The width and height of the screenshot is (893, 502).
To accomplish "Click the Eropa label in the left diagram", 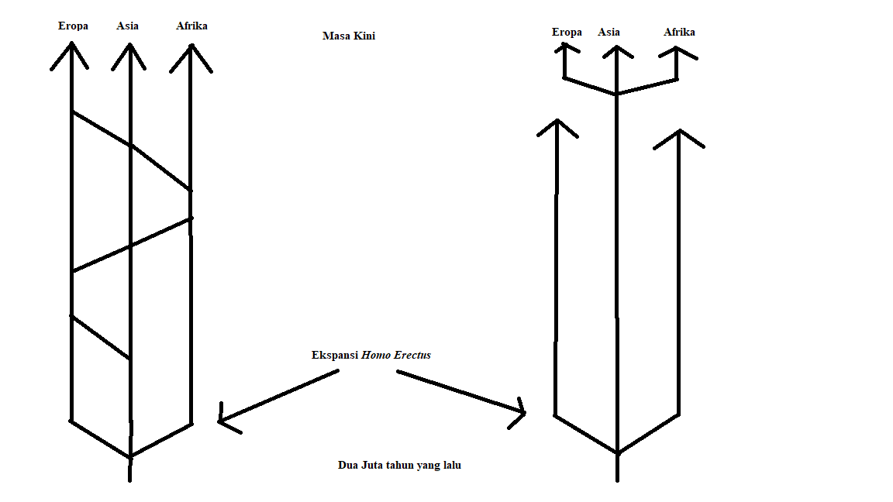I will [x=73, y=26].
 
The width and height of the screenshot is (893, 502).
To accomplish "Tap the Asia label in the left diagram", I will [x=128, y=26].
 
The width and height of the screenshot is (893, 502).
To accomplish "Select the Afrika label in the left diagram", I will [x=191, y=26].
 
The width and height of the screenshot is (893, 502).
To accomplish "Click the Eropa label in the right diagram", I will [x=567, y=32].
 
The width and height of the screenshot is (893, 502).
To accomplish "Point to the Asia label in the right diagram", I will [x=609, y=32].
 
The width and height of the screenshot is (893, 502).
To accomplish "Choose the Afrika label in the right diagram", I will [x=679, y=32].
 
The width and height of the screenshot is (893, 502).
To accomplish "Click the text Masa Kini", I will [x=349, y=36].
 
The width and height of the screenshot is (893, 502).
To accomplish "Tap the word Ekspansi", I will [x=333, y=355].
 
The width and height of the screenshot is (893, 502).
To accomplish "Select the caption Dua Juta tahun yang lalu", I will [x=399, y=465].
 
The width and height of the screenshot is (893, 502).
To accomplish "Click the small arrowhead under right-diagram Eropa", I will [x=565, y=47].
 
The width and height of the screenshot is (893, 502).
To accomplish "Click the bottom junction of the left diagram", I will [x=130, y=456].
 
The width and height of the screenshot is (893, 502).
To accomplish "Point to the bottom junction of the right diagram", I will [x=617, y=452].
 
